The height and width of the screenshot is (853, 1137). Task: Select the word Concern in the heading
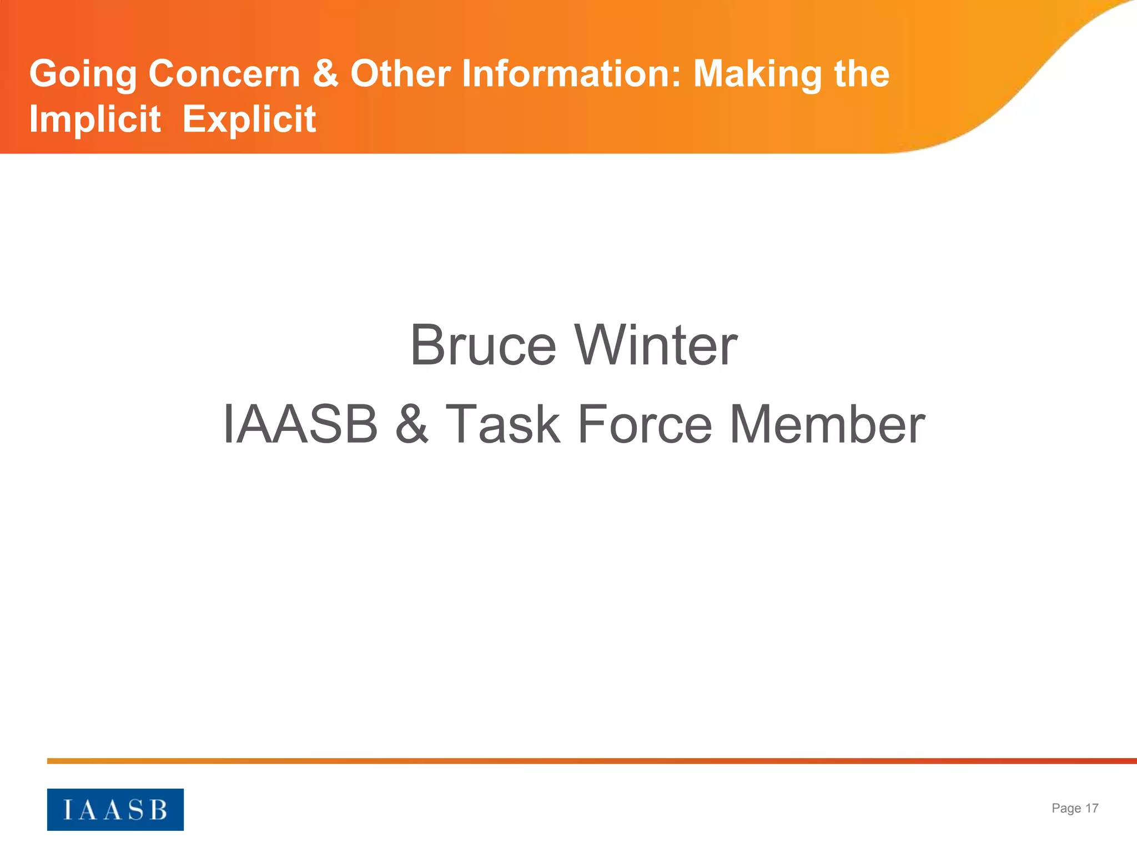pyautogui.click(x=224, y=74)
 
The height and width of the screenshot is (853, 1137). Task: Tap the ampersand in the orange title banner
pyautogui.click(x=325, y=74)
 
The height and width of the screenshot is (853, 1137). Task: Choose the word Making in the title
pyautogui.click(x=757, y=75)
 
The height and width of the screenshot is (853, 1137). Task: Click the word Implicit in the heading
pyautogui.click(x=95, y=120)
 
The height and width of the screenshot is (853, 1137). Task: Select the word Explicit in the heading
pyautogui.click(x=249, y=120)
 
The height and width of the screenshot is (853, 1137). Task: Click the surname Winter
pyautogui.click(x=656, y=345)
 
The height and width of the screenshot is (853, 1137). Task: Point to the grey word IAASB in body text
pyautogui.click(x=300, y=425)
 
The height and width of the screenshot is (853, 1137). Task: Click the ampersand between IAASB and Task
pyautogui.click(x=412, y=425)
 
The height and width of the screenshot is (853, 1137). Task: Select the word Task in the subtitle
pyautogui.click(x=503, y=425)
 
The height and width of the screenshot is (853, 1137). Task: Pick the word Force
pyautogui.click(x=645, y=425)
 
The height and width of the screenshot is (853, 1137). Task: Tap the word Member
pyautogui.click(x=827, y=425)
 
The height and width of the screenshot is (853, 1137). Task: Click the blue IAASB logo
pyautogui.click(x=115, y=809)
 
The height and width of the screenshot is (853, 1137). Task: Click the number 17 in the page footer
pyautogui.click(x=1091, y=809)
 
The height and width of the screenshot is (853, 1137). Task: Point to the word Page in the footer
pyautogui.click(x=1066, y=809)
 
